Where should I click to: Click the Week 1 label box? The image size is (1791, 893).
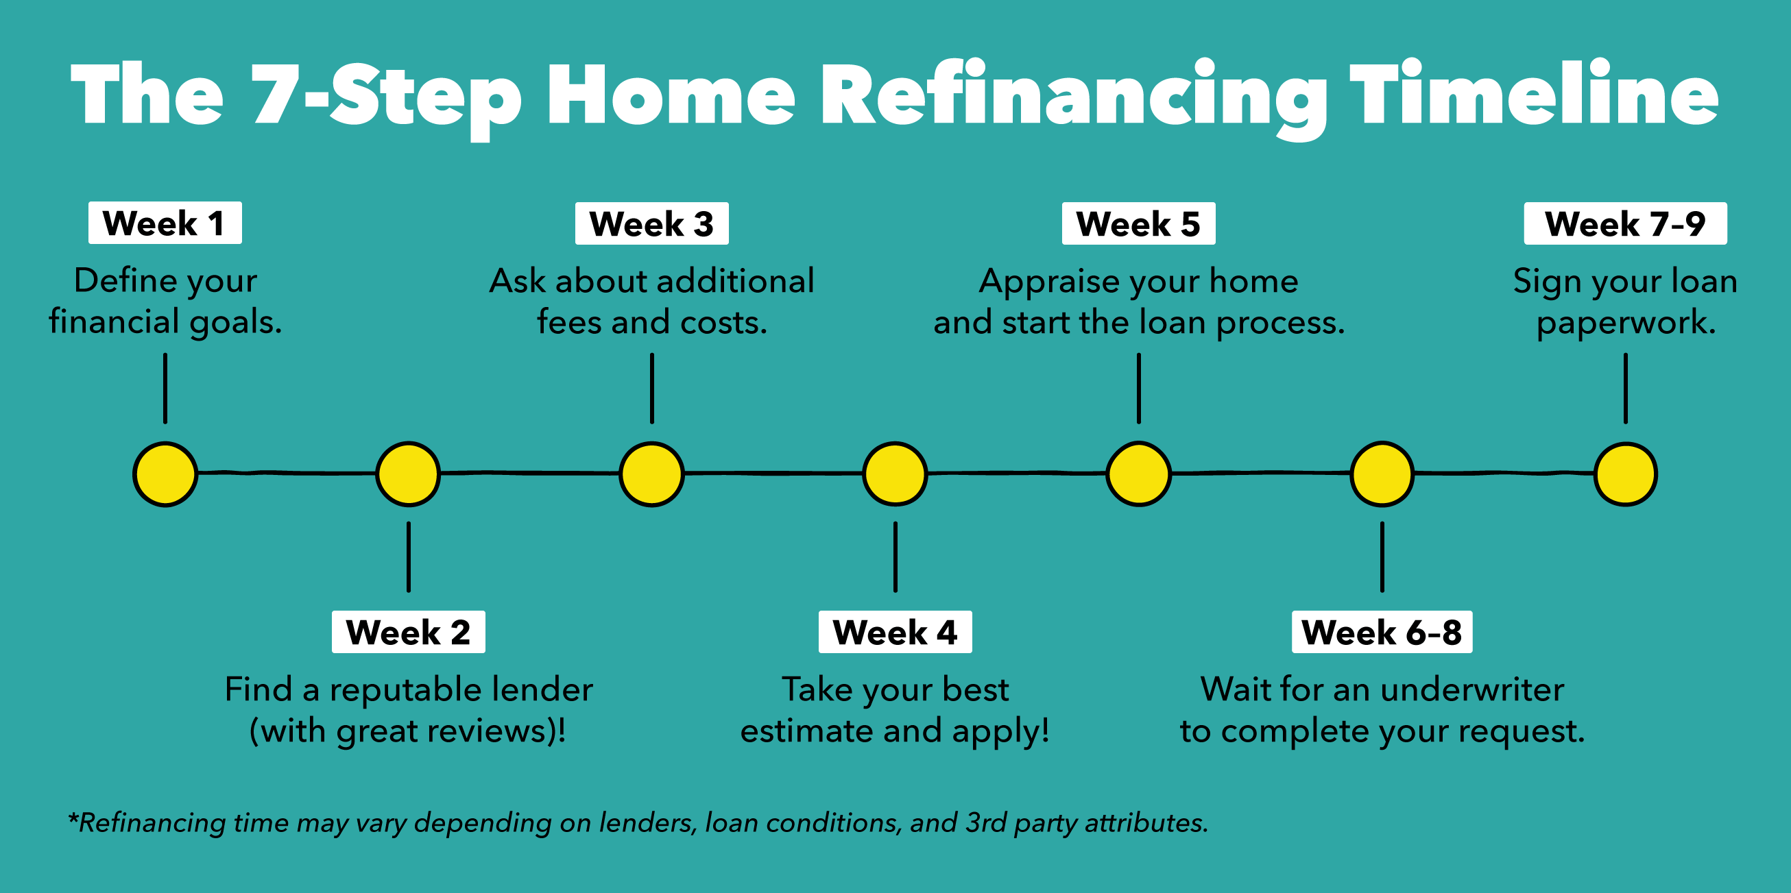(165, 223)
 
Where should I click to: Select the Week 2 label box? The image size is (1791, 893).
(408, 632)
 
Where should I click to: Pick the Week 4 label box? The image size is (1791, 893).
(895, 632)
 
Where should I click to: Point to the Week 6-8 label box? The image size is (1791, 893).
(1382, 632)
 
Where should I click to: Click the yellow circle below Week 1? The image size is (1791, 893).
(165, 474)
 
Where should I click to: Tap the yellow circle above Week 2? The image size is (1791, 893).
(408, 474)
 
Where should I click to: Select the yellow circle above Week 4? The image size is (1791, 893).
(895, 474)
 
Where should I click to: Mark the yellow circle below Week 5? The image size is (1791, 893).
(1139, 474)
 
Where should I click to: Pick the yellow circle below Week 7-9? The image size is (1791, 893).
(1626, 474)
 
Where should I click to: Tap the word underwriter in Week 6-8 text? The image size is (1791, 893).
(1472, 690)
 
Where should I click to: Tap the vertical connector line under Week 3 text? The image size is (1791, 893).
(651, 389)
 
